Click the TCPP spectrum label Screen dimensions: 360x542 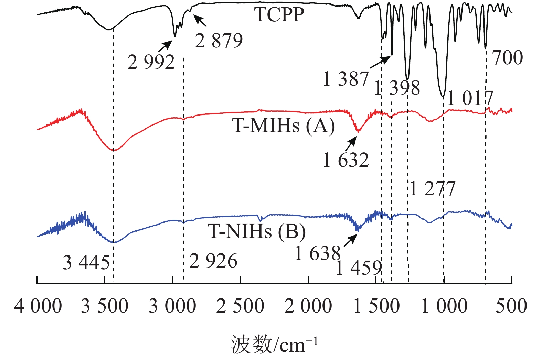coord(279,15)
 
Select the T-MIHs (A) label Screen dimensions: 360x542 coord(283,126)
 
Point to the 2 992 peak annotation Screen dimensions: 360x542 coord(151,62)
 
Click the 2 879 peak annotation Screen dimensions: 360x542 coord(219,41)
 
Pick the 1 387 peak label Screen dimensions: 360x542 coord(346,79)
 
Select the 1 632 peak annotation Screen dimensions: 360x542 coord(346,160)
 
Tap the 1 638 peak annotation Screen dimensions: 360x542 coord(317,254)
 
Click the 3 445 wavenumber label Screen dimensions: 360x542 coord(86,263)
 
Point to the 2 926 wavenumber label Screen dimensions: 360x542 coord(213,261)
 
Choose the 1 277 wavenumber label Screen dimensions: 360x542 coord(433,189)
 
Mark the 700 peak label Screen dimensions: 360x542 coord(508,57)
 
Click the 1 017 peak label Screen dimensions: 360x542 coord(470,99)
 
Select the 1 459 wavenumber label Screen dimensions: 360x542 coord(359,268)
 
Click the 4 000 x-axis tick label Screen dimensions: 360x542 coord(38,306)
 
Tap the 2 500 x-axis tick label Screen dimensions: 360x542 coord(240,306)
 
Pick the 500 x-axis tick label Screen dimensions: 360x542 coord(511,306)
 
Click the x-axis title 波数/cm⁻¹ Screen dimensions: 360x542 coord(274,344)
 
